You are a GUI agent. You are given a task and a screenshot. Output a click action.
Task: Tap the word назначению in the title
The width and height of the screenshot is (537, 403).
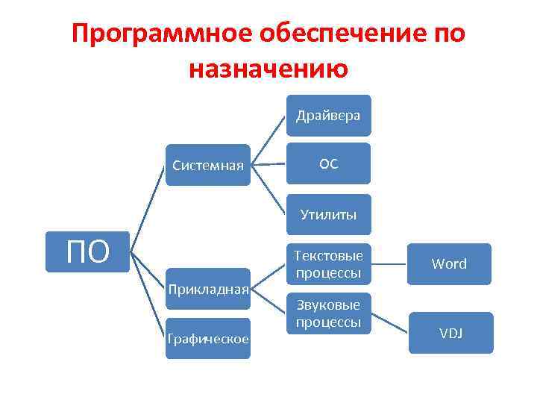(268, 69)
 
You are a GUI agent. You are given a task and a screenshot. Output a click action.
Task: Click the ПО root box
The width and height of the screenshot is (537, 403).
(88, 252)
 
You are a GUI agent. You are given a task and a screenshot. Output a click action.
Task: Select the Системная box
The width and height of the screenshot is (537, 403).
(207, 164)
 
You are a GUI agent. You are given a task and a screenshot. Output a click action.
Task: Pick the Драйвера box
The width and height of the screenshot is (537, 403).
(328, 115)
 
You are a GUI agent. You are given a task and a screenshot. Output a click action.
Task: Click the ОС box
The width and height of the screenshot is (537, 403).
(328, 163)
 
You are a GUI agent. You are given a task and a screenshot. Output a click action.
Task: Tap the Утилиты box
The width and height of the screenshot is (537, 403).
(328, 215)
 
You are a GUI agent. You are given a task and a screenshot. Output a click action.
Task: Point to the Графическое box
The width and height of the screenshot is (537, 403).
(207, 339)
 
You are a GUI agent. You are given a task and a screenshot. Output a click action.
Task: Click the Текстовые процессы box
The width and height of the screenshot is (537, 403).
(328, 264)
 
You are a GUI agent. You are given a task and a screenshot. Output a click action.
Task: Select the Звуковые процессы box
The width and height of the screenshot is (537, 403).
(328, 313)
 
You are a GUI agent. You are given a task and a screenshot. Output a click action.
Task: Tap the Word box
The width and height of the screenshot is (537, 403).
(449, 263)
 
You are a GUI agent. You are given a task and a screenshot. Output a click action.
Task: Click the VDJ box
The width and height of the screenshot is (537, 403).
(450, 333)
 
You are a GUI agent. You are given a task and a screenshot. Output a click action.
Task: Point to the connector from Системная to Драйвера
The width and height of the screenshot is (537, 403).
(269, 140)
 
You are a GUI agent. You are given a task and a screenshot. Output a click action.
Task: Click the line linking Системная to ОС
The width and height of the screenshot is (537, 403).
(268, 164)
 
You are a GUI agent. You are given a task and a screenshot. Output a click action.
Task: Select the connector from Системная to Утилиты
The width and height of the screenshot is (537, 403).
(269, 190)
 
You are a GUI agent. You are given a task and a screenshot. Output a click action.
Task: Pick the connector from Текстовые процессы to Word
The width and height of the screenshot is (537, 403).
(389, 263)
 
